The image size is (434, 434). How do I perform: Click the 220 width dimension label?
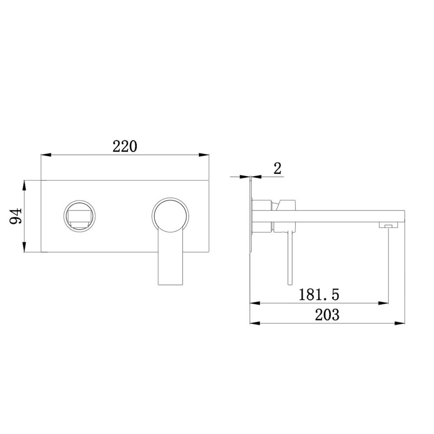(125, 146)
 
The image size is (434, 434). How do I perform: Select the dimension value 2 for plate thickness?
(277, 168)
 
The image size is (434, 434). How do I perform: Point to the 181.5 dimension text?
(319, 295)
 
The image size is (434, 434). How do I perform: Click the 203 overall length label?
(327, 315)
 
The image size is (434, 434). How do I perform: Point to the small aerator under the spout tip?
(388, 225)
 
